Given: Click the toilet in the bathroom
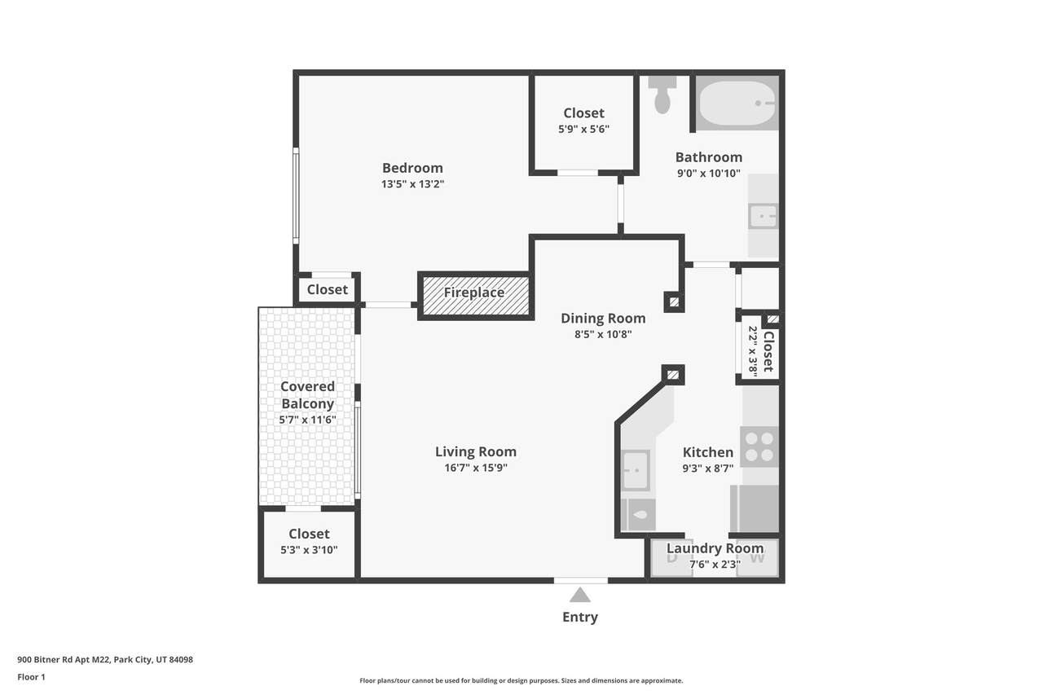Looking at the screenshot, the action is point(662,95).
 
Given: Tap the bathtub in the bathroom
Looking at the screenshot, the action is point(737,103).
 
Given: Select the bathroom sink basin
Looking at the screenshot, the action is point(763,216).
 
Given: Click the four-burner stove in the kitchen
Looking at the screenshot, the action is point(759,446).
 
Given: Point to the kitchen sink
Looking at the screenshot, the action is point(636,470).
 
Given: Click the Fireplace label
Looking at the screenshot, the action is point(474,293).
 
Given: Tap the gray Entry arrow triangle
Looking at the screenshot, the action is point(579,595).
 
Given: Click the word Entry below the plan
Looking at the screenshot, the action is point(580,617).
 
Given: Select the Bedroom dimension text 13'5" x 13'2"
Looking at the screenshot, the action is point(412,184).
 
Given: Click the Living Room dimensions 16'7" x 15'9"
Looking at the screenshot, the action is point(476,468).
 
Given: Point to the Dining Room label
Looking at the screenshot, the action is point(603,318).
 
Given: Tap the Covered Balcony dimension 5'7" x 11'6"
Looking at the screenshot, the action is point(307,420).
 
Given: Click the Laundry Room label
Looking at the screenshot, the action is point(715,548).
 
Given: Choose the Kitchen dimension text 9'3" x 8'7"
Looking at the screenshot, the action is point(708,468).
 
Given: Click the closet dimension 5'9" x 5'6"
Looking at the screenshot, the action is point(584,129).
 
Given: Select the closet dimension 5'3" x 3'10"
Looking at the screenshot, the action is point(309,550).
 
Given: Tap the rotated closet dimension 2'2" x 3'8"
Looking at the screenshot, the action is point(753,351).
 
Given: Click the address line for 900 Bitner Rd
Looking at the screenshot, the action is point(105,660).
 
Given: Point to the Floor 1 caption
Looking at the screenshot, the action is point(31,677).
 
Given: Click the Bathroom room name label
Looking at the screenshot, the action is point(709,157).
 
